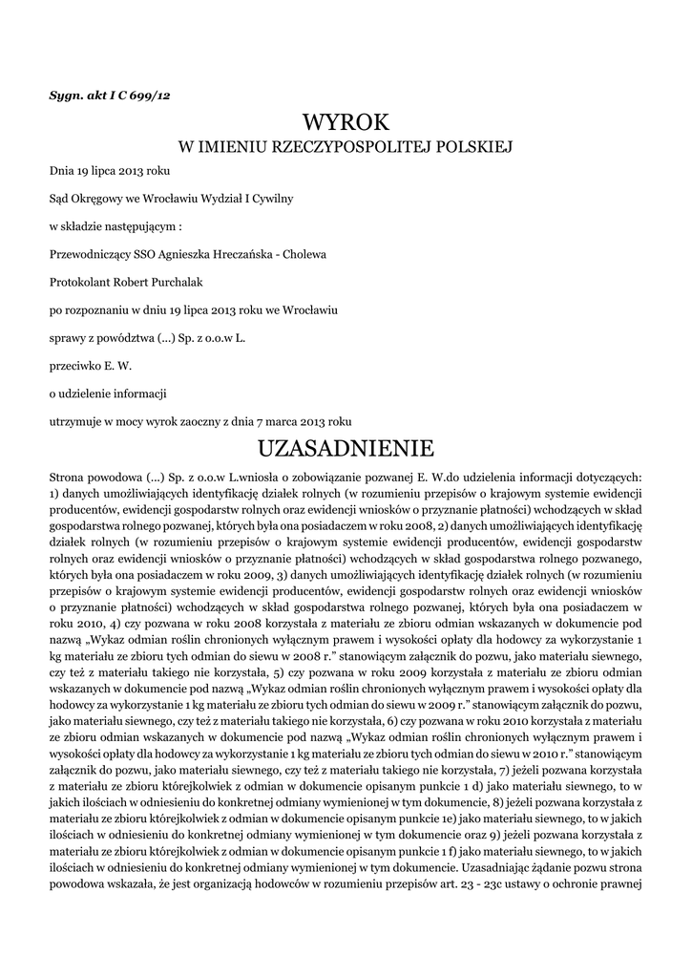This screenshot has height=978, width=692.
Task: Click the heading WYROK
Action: pyautogui.click(x=346, y=122)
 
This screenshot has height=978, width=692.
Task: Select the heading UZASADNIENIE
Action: pyautogui.click(x=346, y=448)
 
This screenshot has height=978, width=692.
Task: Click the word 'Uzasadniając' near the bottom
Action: pyautogui.click(x=493, y=869)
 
